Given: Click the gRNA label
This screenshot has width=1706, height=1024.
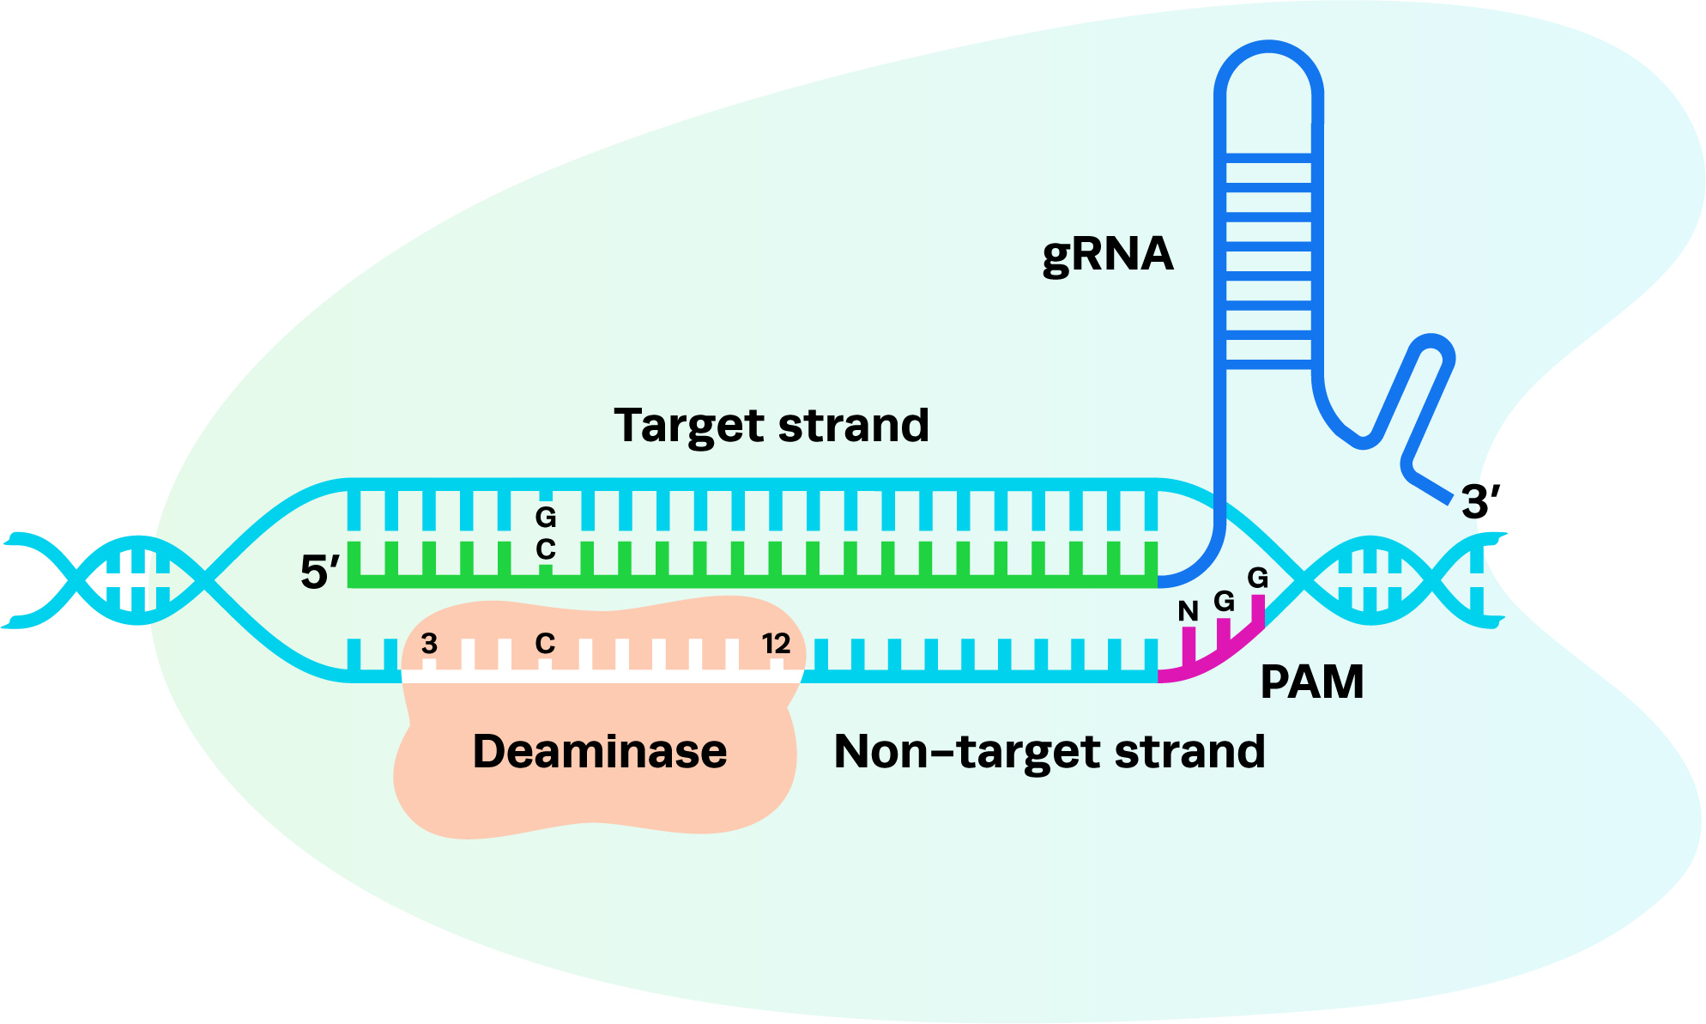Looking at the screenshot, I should (x=1107, y=255).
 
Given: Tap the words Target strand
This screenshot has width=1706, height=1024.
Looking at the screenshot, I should (x=771, y=426).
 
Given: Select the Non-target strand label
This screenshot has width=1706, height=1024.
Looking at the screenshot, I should (x=1049, y=752).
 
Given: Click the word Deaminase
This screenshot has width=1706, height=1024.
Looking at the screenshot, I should (x=599, y=752).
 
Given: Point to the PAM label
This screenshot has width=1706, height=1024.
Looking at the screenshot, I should (x=1311, y=683).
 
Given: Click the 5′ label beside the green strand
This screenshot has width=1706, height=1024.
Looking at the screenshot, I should (x=319, y=572).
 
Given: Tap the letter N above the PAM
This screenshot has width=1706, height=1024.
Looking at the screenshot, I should (x=1188, y=611).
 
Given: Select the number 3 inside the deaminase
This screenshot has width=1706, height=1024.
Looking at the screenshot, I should (x=429, y=644).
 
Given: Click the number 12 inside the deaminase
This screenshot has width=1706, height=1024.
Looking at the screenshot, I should (x=776, y=644).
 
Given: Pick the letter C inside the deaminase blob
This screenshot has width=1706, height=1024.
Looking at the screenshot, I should (x=545, y=644).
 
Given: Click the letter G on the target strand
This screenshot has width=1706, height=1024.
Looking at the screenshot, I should (x=545, y=518).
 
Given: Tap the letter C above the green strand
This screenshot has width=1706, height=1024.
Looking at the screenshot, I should (x=545, y=549).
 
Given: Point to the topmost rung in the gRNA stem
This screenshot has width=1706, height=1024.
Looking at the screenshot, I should (x=1268, y=158).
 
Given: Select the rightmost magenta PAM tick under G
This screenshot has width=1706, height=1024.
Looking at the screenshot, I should (x=1258, y=611).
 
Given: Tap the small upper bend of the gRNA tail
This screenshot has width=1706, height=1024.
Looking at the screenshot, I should (x=1431, y=342).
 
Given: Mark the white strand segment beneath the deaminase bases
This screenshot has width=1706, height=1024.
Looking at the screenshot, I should (x=601, y=676).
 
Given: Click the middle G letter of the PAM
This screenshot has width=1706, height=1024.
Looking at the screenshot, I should (x=1224, y=601).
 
